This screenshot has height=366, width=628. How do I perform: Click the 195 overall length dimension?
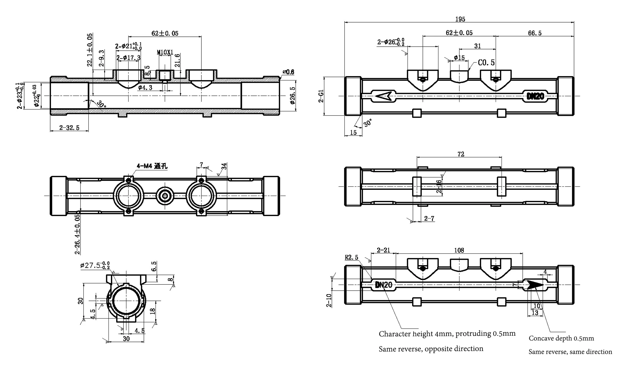pos(460,19)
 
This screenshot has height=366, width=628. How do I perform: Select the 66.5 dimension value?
pos(535,33)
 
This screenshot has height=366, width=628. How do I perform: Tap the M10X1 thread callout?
pos(165,52)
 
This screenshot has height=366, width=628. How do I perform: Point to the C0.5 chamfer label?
pos(486,63)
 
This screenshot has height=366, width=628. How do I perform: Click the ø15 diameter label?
pos(459,58)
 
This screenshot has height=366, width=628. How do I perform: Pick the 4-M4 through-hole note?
pos(152,166)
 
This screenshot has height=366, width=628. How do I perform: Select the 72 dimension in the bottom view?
pos(461,154)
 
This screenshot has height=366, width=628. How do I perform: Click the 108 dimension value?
pos(459,250)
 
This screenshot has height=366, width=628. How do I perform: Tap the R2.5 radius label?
pos(351,257)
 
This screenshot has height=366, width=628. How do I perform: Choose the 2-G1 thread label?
pos(321,96)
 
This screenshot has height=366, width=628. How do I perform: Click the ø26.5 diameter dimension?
pos(293,95)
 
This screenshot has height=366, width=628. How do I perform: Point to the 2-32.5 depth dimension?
pos(69,128)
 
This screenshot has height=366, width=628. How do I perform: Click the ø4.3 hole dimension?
pos(145,88)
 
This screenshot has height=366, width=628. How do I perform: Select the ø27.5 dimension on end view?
pos(95,265)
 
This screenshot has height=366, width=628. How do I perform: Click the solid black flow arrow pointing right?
pos(535,285)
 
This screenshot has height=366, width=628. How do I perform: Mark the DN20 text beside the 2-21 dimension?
pos(383,285)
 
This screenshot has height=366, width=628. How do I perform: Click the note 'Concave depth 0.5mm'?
pos(561,338)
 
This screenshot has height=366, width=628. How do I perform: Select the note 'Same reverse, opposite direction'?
pos(431,349)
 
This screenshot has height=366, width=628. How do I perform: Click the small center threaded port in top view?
pos(165,196)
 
